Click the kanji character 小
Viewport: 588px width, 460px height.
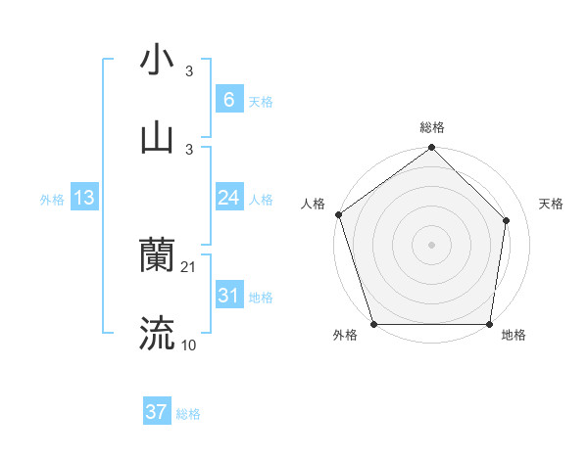157,60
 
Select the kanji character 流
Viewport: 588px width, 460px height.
157,334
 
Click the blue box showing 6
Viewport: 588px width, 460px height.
228,99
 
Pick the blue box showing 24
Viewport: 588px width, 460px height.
228,198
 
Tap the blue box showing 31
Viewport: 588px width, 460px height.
228,296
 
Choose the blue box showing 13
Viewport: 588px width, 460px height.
84,198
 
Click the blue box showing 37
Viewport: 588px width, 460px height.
157,412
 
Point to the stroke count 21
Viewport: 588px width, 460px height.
189,267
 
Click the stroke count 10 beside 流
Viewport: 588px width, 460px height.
189,345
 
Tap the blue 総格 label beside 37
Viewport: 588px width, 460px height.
188,414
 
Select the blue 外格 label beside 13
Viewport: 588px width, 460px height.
52,200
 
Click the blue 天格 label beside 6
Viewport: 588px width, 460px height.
261,102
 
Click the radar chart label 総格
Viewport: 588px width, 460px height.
432,127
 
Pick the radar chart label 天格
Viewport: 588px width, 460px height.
552,204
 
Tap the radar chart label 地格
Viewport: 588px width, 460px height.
514,336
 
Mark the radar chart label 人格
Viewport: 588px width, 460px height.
314,204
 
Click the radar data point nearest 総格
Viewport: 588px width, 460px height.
431,149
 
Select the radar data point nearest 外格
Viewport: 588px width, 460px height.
374,324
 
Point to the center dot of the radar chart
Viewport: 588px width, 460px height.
431,244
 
